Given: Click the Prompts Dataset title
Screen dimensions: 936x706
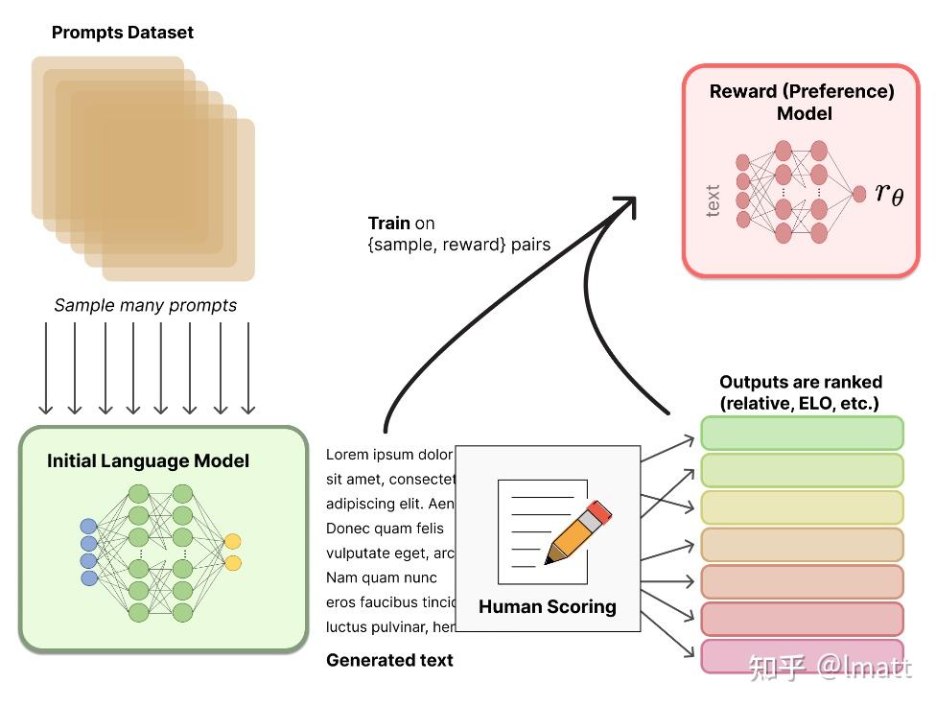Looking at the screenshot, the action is [x=123, y=33].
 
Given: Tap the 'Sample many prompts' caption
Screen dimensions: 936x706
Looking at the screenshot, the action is [x=145, y=305].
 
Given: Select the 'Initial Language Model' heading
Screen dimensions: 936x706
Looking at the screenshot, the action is [x=148, y=460].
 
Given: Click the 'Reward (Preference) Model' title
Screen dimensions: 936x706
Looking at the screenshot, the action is [x=802, y=102].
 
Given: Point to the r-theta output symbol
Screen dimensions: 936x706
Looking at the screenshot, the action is [x=889, y=193].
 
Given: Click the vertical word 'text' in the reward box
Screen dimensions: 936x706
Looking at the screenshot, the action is [x=713, y=200].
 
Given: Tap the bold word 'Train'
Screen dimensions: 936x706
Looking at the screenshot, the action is [x=389, y=223].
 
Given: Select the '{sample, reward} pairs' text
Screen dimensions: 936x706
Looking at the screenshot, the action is [x=459, y=245].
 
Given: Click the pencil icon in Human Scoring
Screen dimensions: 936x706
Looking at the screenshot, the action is [x=578, y=532].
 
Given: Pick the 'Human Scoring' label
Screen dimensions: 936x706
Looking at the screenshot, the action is [x=548, y=606].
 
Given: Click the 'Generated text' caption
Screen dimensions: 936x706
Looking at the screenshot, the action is [x=389, y=660].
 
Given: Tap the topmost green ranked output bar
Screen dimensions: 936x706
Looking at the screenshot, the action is [x=802, y=433].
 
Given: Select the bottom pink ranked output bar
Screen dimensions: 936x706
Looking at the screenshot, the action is [x=802, y=656].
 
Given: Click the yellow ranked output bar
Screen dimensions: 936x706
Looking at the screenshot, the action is [x=802, y=507].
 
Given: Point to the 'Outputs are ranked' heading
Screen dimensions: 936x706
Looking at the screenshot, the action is [x=801, y=382].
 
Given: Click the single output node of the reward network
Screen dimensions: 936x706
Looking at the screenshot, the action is [x=859, y=194].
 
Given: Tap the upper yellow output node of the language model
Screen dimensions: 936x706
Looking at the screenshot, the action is [x=232, y=542].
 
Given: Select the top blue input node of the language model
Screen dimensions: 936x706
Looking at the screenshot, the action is [x=88, y=527].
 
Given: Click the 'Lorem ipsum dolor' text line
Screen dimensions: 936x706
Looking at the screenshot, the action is [x=389, y=455].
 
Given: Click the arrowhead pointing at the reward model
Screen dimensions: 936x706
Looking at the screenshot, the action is [x=627, y=205].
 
